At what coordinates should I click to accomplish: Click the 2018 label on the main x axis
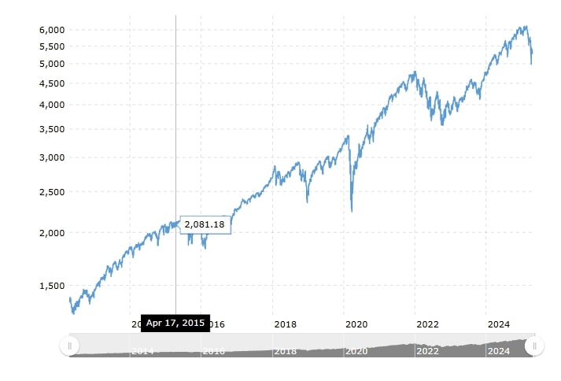pos(285,324)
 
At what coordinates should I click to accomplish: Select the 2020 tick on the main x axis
pos(356,324)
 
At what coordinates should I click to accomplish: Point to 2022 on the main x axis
pos(427,324)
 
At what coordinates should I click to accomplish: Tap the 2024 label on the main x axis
pos(498,324)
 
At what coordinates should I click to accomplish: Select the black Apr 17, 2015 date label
pos(175,324)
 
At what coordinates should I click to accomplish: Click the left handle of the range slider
pos(69,345)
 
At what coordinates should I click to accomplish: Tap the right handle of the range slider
pos(534,345)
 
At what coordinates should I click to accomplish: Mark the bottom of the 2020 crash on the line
pos(352,211)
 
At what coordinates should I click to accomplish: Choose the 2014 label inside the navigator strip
pos(142,351)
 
